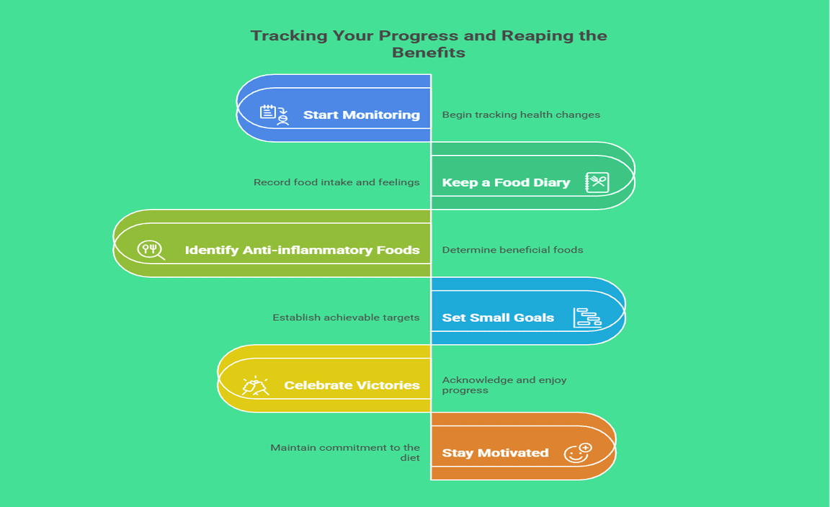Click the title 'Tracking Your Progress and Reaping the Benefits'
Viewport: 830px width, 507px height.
429,44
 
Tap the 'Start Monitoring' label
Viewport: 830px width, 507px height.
362,115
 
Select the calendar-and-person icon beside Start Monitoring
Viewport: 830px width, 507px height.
275,115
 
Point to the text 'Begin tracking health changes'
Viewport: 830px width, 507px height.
521,115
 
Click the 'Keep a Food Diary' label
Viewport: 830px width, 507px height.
506,183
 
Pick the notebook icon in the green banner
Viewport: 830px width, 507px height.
597,183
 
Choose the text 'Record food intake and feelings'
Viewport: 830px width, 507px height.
336,182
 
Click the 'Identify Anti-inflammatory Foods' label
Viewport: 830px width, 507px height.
303,250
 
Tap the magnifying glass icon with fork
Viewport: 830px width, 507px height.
151,250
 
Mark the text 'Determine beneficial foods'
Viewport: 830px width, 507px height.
512,250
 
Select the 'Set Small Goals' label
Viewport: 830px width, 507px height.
498,318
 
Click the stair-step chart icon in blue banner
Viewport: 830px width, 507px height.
587,318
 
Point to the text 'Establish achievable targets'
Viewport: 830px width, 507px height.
346,318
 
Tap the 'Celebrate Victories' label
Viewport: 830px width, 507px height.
352,385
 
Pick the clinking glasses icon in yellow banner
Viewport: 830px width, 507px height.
255,386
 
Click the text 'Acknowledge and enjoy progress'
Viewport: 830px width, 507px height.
504,385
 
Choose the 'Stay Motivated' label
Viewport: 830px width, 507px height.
496,453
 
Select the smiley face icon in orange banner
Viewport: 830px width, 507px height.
578,453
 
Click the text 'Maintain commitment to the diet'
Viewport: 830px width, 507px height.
345,452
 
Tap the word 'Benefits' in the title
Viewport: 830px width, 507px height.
429,53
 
